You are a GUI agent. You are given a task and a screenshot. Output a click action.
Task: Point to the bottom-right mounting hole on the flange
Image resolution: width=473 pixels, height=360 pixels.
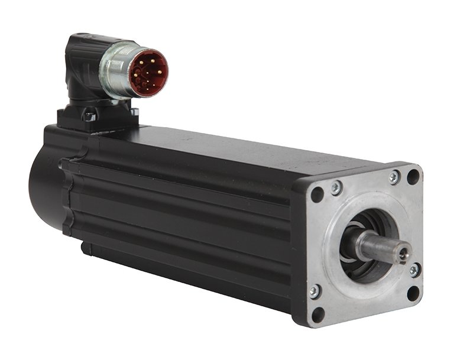413,293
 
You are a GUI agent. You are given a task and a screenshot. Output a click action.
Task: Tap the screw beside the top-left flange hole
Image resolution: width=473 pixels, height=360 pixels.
336,187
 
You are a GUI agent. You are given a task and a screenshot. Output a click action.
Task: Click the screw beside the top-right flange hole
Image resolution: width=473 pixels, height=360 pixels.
394,177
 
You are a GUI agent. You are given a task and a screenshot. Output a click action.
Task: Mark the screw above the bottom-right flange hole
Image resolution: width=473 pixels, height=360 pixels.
414,270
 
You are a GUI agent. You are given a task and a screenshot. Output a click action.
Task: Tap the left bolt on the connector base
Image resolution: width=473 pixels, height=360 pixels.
89,116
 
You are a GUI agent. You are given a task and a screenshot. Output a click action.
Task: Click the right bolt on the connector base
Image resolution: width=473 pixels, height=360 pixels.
134,112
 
